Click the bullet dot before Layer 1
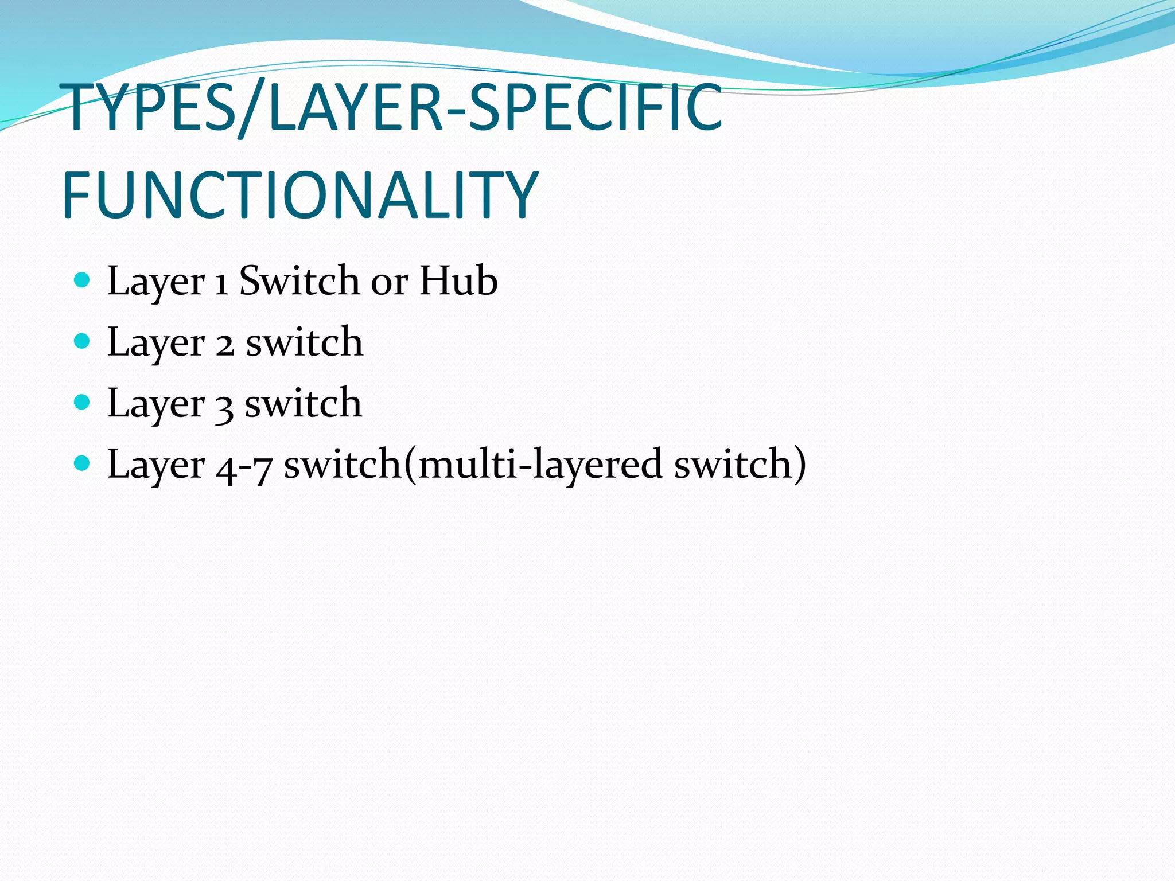[83, 280]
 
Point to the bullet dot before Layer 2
[83, 341]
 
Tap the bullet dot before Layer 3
[83, 402]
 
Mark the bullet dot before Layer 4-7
[83, 463]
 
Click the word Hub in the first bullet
[458, 280]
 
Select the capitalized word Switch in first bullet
[299, 280]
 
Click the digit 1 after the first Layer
[221, 283]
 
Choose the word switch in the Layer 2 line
[304, 342]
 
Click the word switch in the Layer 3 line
[303, 403]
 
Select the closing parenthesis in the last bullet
[799, 463]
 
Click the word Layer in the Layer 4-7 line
[155, 465]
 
